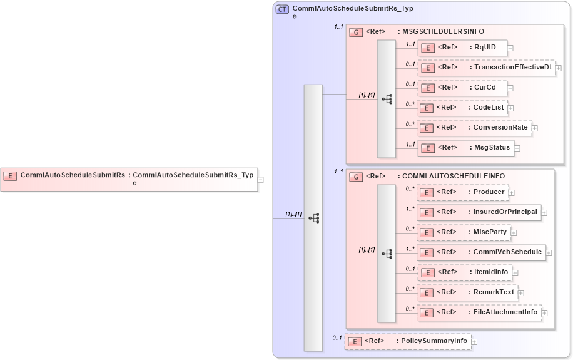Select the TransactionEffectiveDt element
tap(486, 68)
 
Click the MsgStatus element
tap(465, 148)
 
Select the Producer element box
tap(462, 192)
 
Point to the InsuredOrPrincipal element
tap(479, 212)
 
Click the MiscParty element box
tap(464, 232)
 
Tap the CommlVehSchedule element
tap(481, 252)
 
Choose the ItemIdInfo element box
tap(464, 272)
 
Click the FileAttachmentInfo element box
tap(479, 312)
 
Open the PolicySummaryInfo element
tap(407, 341)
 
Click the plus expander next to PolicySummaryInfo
tap(474, 342)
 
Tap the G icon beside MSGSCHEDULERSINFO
tap(356, 32)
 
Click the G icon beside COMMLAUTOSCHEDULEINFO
tap(356, 177)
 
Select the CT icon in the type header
tap(282, 9)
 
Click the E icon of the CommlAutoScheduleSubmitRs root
tap(11, 176)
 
